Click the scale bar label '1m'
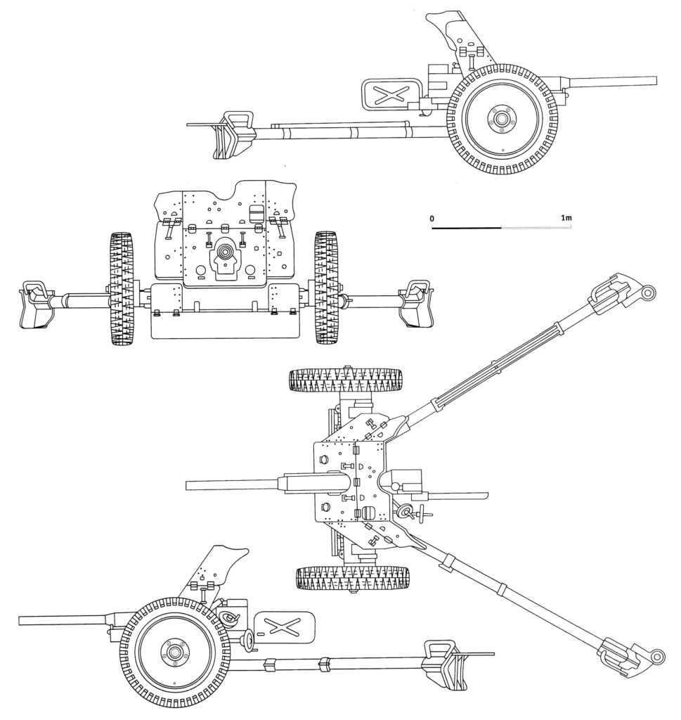[x=566, y=219]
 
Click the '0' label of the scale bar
[x=433, y=219]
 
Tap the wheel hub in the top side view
[x=502, y=119]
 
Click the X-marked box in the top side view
[x=391, y=95]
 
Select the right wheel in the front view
[x=325, y=288]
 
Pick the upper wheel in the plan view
[x=344, y=380]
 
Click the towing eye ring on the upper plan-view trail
[x=649, y=291]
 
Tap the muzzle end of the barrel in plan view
[x=188, y=485]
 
